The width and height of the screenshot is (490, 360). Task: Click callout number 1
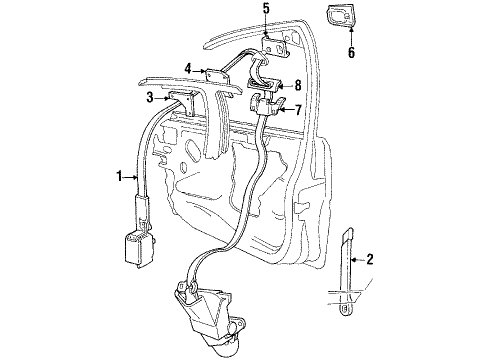pyautogui.click(x=120, y=177)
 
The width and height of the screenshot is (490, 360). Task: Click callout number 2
pyautogui.click(x=371, y=260)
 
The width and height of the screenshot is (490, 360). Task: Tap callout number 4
pyautogui.click(x=187, y=69)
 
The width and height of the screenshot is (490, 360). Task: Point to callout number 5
pyautogui.click(x=266, y=11)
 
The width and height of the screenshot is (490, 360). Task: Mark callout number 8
pyautogui.click(x=297, y=86)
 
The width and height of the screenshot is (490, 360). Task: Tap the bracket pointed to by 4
pyautogui.click(x=215, y=73)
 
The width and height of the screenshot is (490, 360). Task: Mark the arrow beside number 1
pyautogui.click(x=132, y=177)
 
